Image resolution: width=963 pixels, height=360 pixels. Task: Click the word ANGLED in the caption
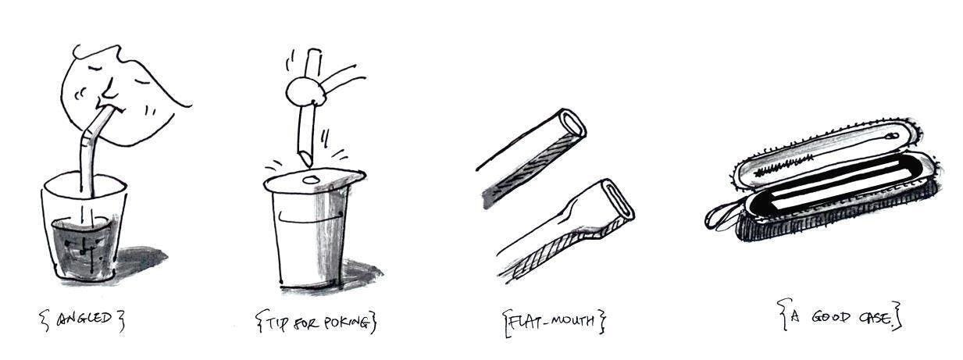click(84, 319)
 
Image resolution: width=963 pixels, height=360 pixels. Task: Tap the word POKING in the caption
click(346, 323)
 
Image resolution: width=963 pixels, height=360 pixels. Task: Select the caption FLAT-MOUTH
click(551, 321)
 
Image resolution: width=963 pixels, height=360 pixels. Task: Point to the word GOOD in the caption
click(831, 318)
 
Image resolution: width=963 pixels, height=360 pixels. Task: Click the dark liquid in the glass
click(83, 249)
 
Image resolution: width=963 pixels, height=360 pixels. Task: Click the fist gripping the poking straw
click(305, 92)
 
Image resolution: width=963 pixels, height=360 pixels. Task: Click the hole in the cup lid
click(310, 180)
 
